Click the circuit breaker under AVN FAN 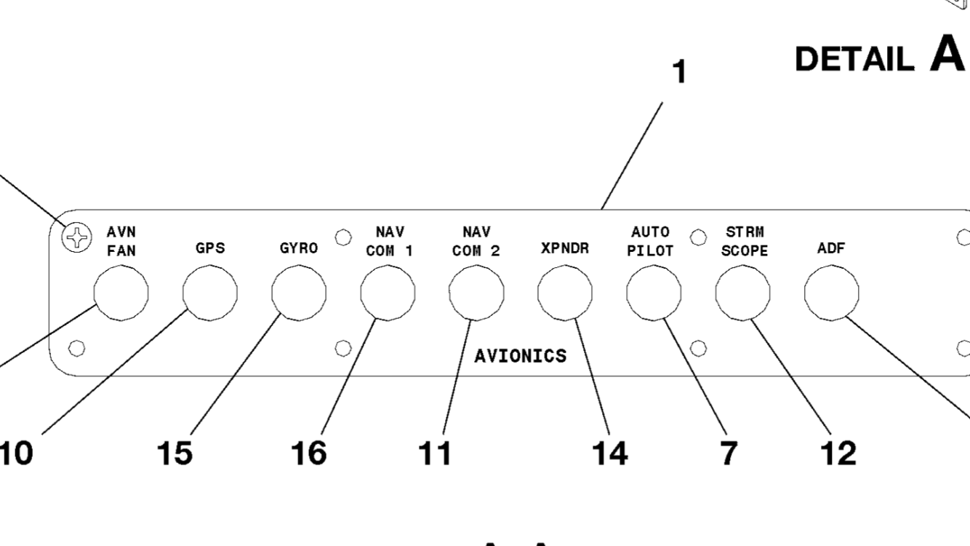tap(121, 293)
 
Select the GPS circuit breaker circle tap(210, 293)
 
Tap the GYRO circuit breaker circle tap(299, 293)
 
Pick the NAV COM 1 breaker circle tap(388, 293)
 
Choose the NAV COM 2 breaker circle tap(476, 293)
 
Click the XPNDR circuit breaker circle tap(565, 293)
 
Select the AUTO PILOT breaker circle tap(654, 293)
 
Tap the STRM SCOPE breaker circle tap(742, 293)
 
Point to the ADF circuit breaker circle tap(831, 293)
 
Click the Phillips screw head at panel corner tap(76, 238)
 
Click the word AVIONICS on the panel tap(520, 356)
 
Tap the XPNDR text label tap(565, 248)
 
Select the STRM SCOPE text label tap(745, 242)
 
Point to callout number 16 tap(309, 453)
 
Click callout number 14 tap(609, 453)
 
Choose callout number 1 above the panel tap(678, 72)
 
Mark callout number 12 tap(838, 453)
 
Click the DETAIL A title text tap(880, 56)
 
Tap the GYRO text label tap(299, 248)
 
